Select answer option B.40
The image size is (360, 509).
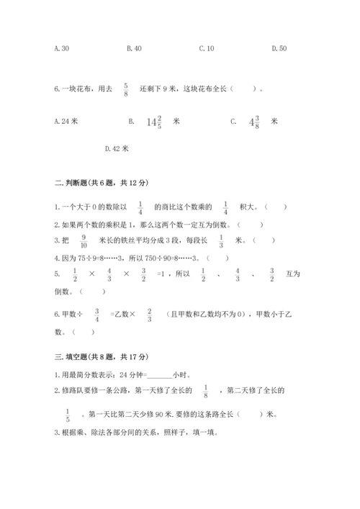coord(134,48)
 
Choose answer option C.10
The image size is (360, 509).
coord(207,48)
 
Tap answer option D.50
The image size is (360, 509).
coord(279,48)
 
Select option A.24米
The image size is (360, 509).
coord(66,122)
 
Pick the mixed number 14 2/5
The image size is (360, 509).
coord(156,122)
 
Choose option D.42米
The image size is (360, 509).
coord(117,149)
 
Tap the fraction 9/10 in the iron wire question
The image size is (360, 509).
coord(84,240)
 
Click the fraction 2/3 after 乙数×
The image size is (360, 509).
coord(148,315)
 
